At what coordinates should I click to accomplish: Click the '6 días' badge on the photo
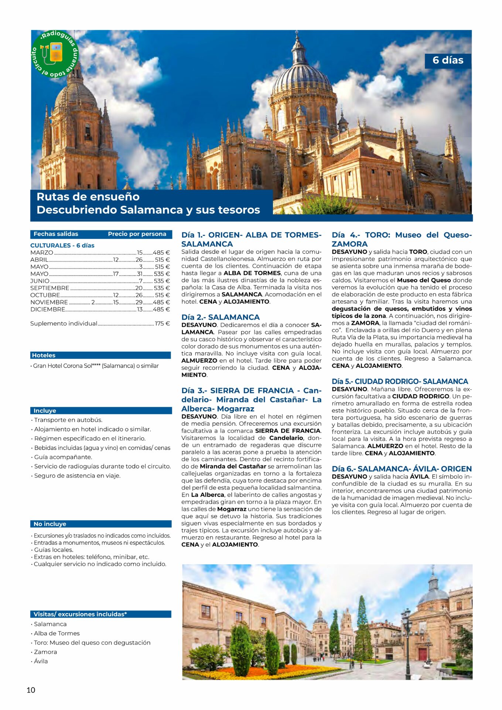447,60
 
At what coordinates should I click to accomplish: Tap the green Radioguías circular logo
55,54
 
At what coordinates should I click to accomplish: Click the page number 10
31,690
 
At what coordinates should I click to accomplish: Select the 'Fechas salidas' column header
56,234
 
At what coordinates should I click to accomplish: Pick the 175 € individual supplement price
162,323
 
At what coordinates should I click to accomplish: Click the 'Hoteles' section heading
44,355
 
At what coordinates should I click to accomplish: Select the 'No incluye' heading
49,524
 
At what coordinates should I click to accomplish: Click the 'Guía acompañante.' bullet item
63,457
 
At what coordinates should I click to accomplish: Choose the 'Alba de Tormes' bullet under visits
57,633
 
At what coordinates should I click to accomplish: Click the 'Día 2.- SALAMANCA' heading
221,317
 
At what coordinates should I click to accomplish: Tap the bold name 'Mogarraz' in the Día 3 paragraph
232,509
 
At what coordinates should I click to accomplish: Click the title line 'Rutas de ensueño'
88,197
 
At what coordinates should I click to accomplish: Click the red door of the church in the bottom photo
422,654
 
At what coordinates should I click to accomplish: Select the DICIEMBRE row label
48,309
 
